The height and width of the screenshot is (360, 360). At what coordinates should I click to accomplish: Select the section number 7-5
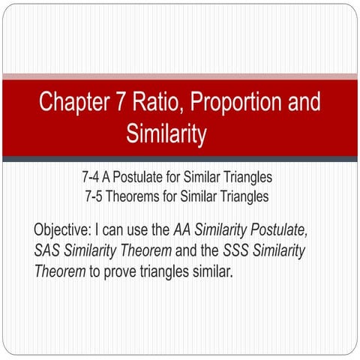coord(96,196)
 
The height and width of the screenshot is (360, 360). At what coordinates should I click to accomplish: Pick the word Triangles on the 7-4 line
coord(246,179)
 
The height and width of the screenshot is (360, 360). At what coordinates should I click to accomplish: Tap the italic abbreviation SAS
coord(49,250)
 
